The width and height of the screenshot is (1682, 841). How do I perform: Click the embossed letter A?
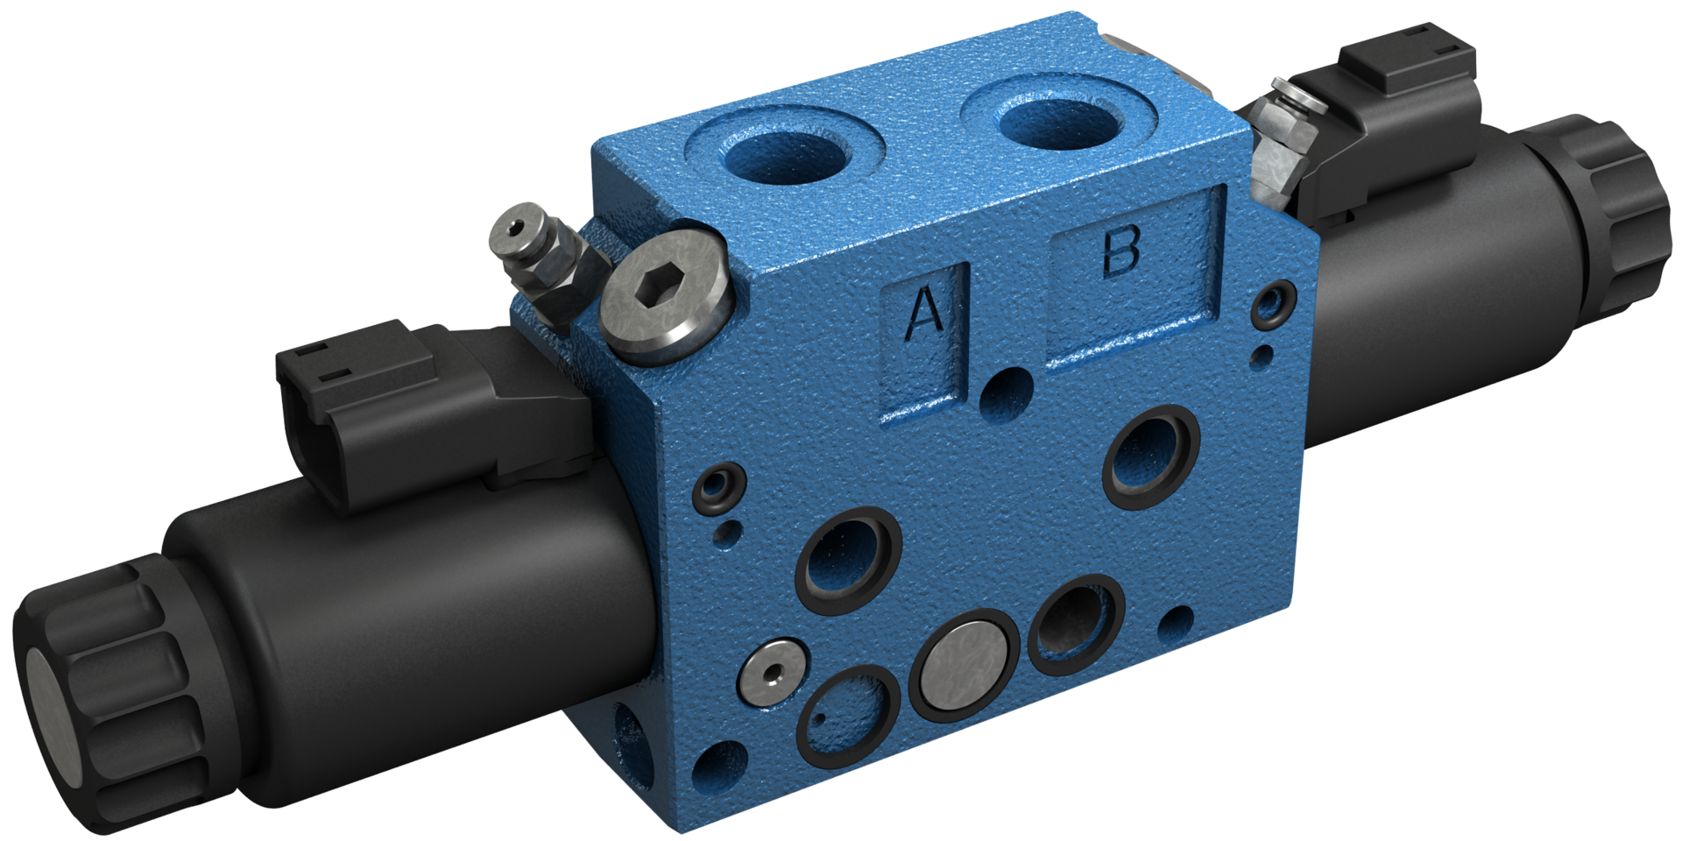[x=922, y=314]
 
